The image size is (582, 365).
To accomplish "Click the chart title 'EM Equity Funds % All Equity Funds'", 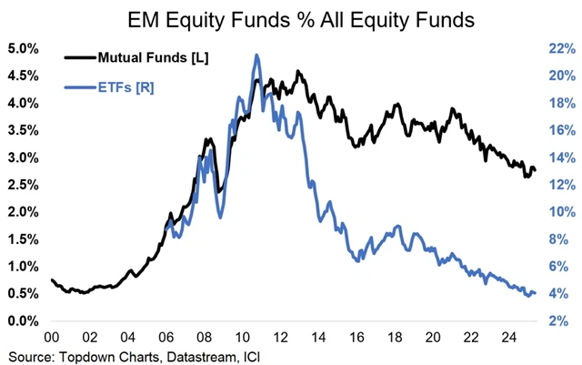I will click(x=291, y=16).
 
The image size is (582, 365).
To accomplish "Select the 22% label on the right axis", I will click(x=558, y=48).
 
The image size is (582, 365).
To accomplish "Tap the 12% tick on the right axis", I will click(x=558, y=185).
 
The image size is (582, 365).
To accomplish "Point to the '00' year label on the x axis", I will click(x=52, y=334).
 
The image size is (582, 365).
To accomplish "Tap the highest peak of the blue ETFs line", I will click(x=256, y=55).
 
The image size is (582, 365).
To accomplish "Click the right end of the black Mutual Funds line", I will click(x=536, y=170).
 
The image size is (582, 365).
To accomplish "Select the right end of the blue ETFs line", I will click(x=536, y=293).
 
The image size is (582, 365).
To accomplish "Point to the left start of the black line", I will click(x=52, y=279).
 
